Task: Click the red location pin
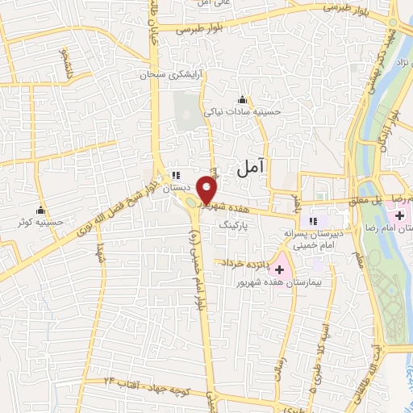(207, 190)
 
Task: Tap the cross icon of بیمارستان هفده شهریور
(280, 269)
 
